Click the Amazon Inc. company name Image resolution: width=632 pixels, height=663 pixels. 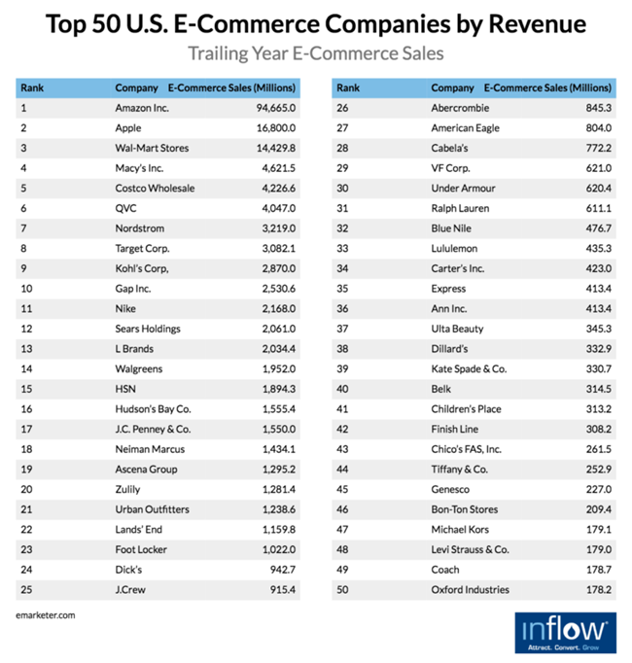pos(142,108)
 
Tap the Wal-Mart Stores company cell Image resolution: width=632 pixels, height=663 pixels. pos(152,148)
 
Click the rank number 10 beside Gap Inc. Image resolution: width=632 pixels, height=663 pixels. pos(26,289)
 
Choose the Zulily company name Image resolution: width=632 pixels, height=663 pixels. pos(129,489)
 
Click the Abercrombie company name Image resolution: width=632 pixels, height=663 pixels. pos(461,108)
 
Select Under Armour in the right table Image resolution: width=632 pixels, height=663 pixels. pos(463,188)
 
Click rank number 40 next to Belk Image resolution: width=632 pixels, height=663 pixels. pos(343,389)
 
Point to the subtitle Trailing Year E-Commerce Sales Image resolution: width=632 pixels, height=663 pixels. pos(315,52)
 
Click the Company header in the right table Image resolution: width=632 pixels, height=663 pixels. pos(452,87)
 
